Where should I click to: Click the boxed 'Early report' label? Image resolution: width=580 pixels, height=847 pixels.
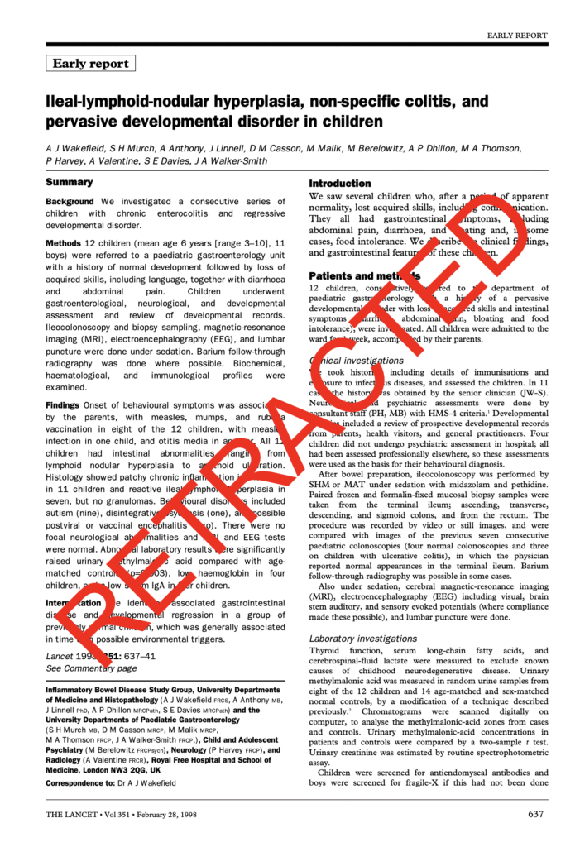pyautogui.click(x=91, y=64)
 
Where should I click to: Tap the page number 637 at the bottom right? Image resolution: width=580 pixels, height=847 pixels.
pyautogui.click(x=535, y=814)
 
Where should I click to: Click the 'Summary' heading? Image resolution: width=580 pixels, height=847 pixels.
pyautogui.click(x=70, y=182)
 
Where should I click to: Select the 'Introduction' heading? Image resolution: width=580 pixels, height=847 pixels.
pyautogui.click(x=340, y=183)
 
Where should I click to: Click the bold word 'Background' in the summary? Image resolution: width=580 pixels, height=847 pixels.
pyautogui.click(x=70, y=201)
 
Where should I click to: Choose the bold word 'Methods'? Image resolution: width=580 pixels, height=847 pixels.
pyautogui.click(x=64, y=244)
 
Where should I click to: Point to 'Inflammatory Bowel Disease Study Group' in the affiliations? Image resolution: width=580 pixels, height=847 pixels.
pyautogui.click(x=117, y=689)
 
